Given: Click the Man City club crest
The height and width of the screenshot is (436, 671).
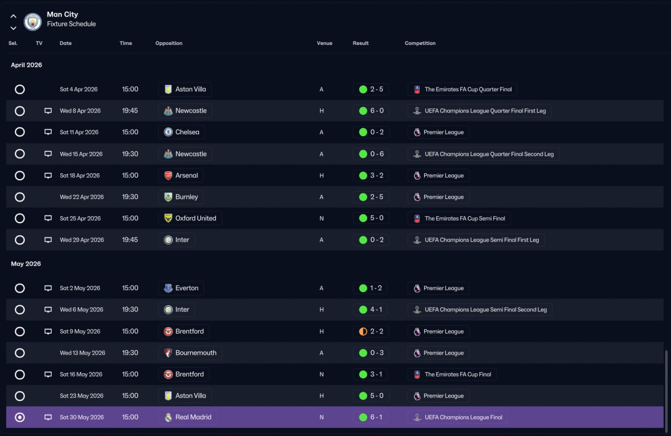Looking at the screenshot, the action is click(x=33, y=21).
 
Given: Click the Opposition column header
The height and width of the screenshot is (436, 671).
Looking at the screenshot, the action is click(x=169, y=43).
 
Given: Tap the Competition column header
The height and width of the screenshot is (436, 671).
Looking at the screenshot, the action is click(x=420, y=43).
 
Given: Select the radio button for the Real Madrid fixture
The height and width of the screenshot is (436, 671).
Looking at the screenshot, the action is click(x=20, y=417).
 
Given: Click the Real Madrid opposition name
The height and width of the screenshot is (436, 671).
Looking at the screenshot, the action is click(x=193, y=417).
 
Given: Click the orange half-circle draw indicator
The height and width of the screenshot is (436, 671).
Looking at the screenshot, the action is click(x=363, y=331).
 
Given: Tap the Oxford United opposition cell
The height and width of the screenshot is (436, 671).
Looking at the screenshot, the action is click(x=190, y=218).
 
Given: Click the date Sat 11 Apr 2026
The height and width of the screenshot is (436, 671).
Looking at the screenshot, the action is click(x=79, y=132).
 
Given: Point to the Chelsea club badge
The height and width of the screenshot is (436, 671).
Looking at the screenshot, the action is click(x=168, y=132).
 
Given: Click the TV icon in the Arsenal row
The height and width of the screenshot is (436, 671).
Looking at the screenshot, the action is click(x=48, y=175).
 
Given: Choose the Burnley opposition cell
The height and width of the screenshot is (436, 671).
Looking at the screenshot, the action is click(x=181, y=197).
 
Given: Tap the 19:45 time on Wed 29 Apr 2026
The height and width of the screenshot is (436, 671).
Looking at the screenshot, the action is click(x=129, y=240).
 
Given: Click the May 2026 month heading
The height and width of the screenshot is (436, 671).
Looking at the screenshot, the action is click(x=26, y=264).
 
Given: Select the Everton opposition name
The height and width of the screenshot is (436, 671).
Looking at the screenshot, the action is click(x=187, y=288).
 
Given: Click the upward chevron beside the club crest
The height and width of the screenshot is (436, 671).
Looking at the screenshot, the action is click(x=13, y=16).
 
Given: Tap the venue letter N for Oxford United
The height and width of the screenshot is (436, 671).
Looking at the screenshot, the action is click(x=321, y=218).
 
